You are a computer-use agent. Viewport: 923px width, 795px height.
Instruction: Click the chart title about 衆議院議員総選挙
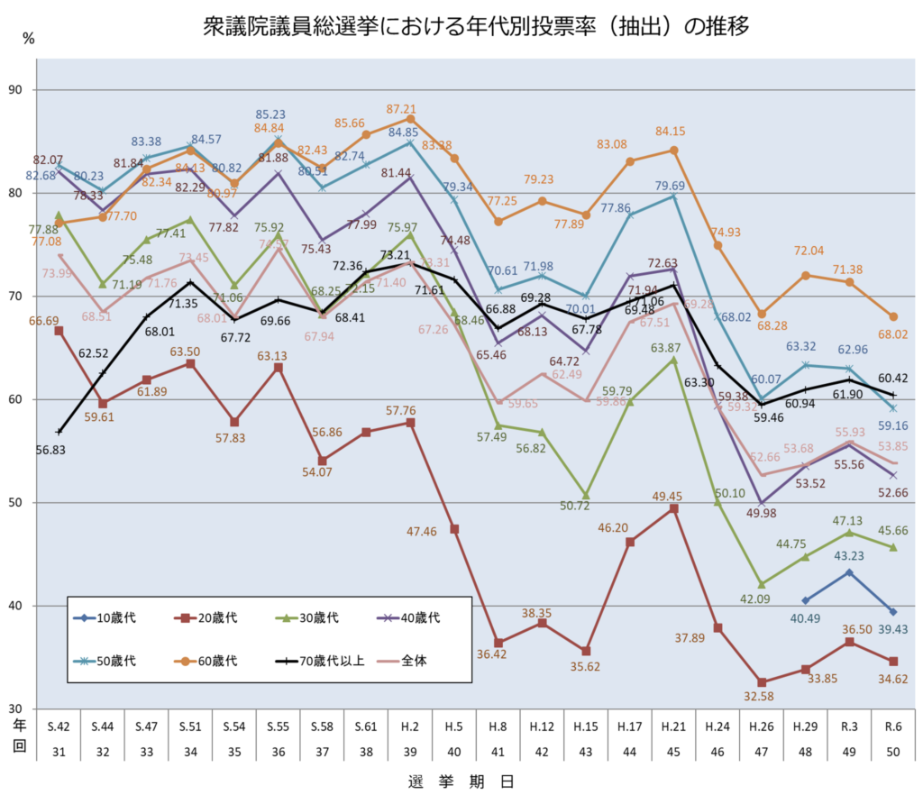(477, 26)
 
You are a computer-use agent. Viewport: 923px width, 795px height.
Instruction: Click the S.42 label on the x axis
(59, 726)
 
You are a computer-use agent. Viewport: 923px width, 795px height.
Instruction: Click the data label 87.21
(410, 109)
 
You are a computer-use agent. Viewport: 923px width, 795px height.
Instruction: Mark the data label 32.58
(761, 696)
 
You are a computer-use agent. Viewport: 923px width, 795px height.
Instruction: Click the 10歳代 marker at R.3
(849, 572)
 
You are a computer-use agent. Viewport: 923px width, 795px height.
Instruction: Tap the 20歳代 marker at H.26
(762, 682)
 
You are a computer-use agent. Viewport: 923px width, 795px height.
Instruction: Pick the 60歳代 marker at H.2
(410, 119)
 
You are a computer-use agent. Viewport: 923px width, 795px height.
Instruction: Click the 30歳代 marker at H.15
(586, 496)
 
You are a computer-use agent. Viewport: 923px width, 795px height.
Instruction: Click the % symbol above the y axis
(29, 38)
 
